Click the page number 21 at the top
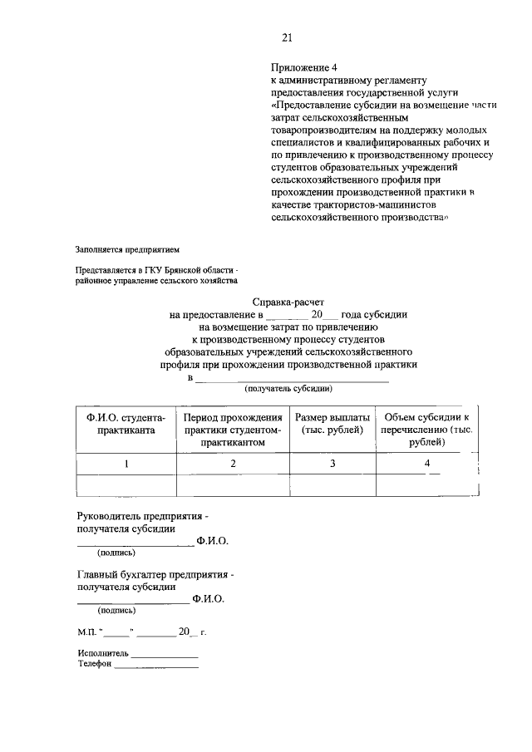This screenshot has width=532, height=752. click(288, 37)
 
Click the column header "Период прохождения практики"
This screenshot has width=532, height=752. click(234, 430)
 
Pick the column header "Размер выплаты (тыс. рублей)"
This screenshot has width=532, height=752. click(332, 423)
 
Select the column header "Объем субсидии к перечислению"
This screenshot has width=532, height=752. click(426, 430)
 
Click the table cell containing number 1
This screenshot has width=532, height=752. click(126, 464)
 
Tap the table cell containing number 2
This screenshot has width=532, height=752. click(234, 464)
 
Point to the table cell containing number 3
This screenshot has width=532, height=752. click(332, 464)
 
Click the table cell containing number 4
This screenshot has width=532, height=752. click(426, 464)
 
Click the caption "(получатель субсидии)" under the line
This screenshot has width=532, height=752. click(288, 388)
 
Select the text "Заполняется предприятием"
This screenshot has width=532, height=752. click(127, 248)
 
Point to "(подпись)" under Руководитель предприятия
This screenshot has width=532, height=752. click(116, 552)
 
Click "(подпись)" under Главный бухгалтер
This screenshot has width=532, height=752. click(116, 609)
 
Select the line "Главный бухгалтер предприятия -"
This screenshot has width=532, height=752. click(155, 574)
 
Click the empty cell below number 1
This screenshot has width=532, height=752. click(126, 484)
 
